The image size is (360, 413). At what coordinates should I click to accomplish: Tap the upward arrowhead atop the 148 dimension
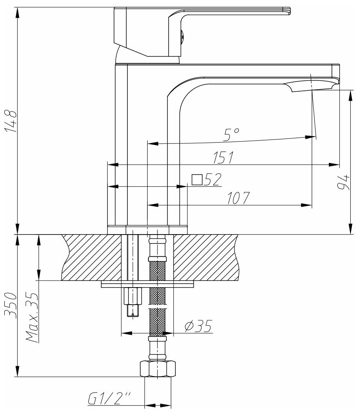pyautogui.click(x=18, y=12)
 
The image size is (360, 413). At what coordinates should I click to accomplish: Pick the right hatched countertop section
pyautogui.click(x=206, y=257)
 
